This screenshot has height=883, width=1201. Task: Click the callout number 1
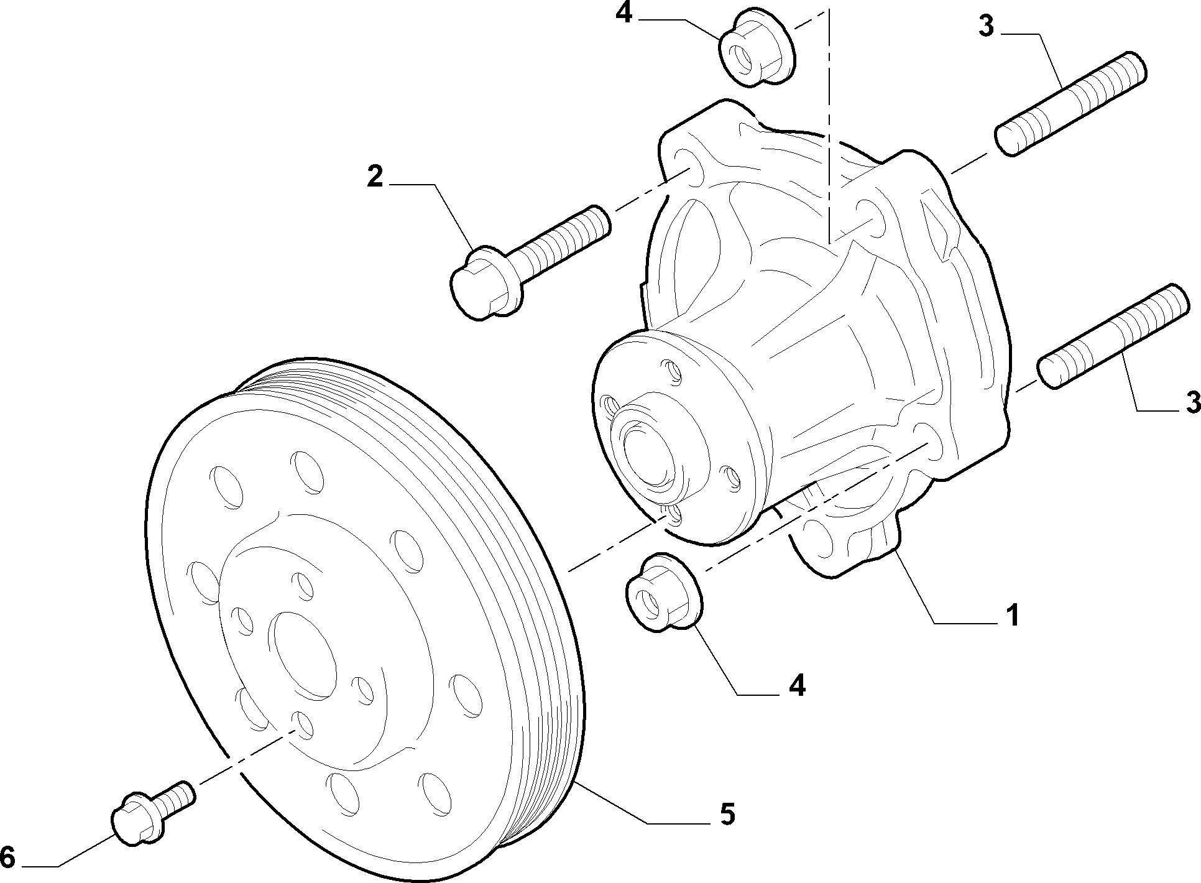1013,614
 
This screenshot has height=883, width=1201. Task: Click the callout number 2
375,177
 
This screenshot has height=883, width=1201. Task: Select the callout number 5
727,813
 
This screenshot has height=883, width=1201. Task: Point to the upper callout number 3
986,27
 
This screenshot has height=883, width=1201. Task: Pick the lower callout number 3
1192,402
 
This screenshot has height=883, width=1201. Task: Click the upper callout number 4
624,13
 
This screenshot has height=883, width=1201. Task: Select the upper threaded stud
1071,103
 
